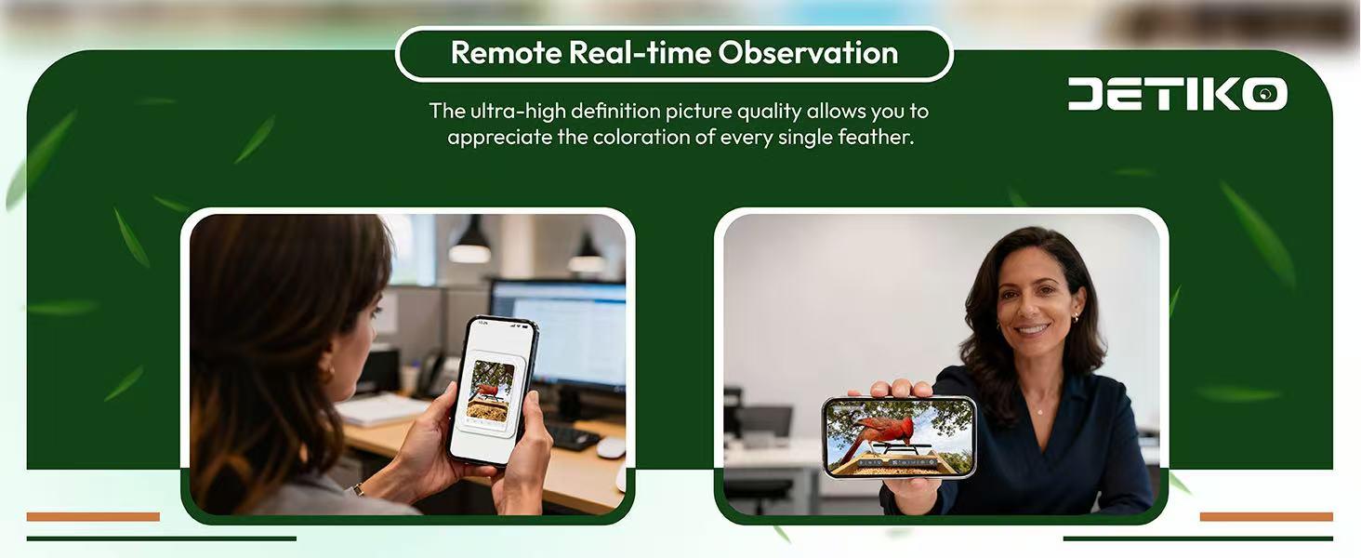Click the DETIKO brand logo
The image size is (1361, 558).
point(1177,94)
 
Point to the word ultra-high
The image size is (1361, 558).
point(514,112)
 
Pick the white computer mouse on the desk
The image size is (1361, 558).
point(611,447)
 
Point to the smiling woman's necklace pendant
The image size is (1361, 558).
point(1039,410)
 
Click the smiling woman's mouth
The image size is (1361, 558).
point(1032,329)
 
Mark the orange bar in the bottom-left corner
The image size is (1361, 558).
point(93,516)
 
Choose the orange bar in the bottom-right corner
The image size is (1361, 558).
point(1266,516)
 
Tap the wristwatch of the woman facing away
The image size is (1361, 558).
point(359,489)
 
